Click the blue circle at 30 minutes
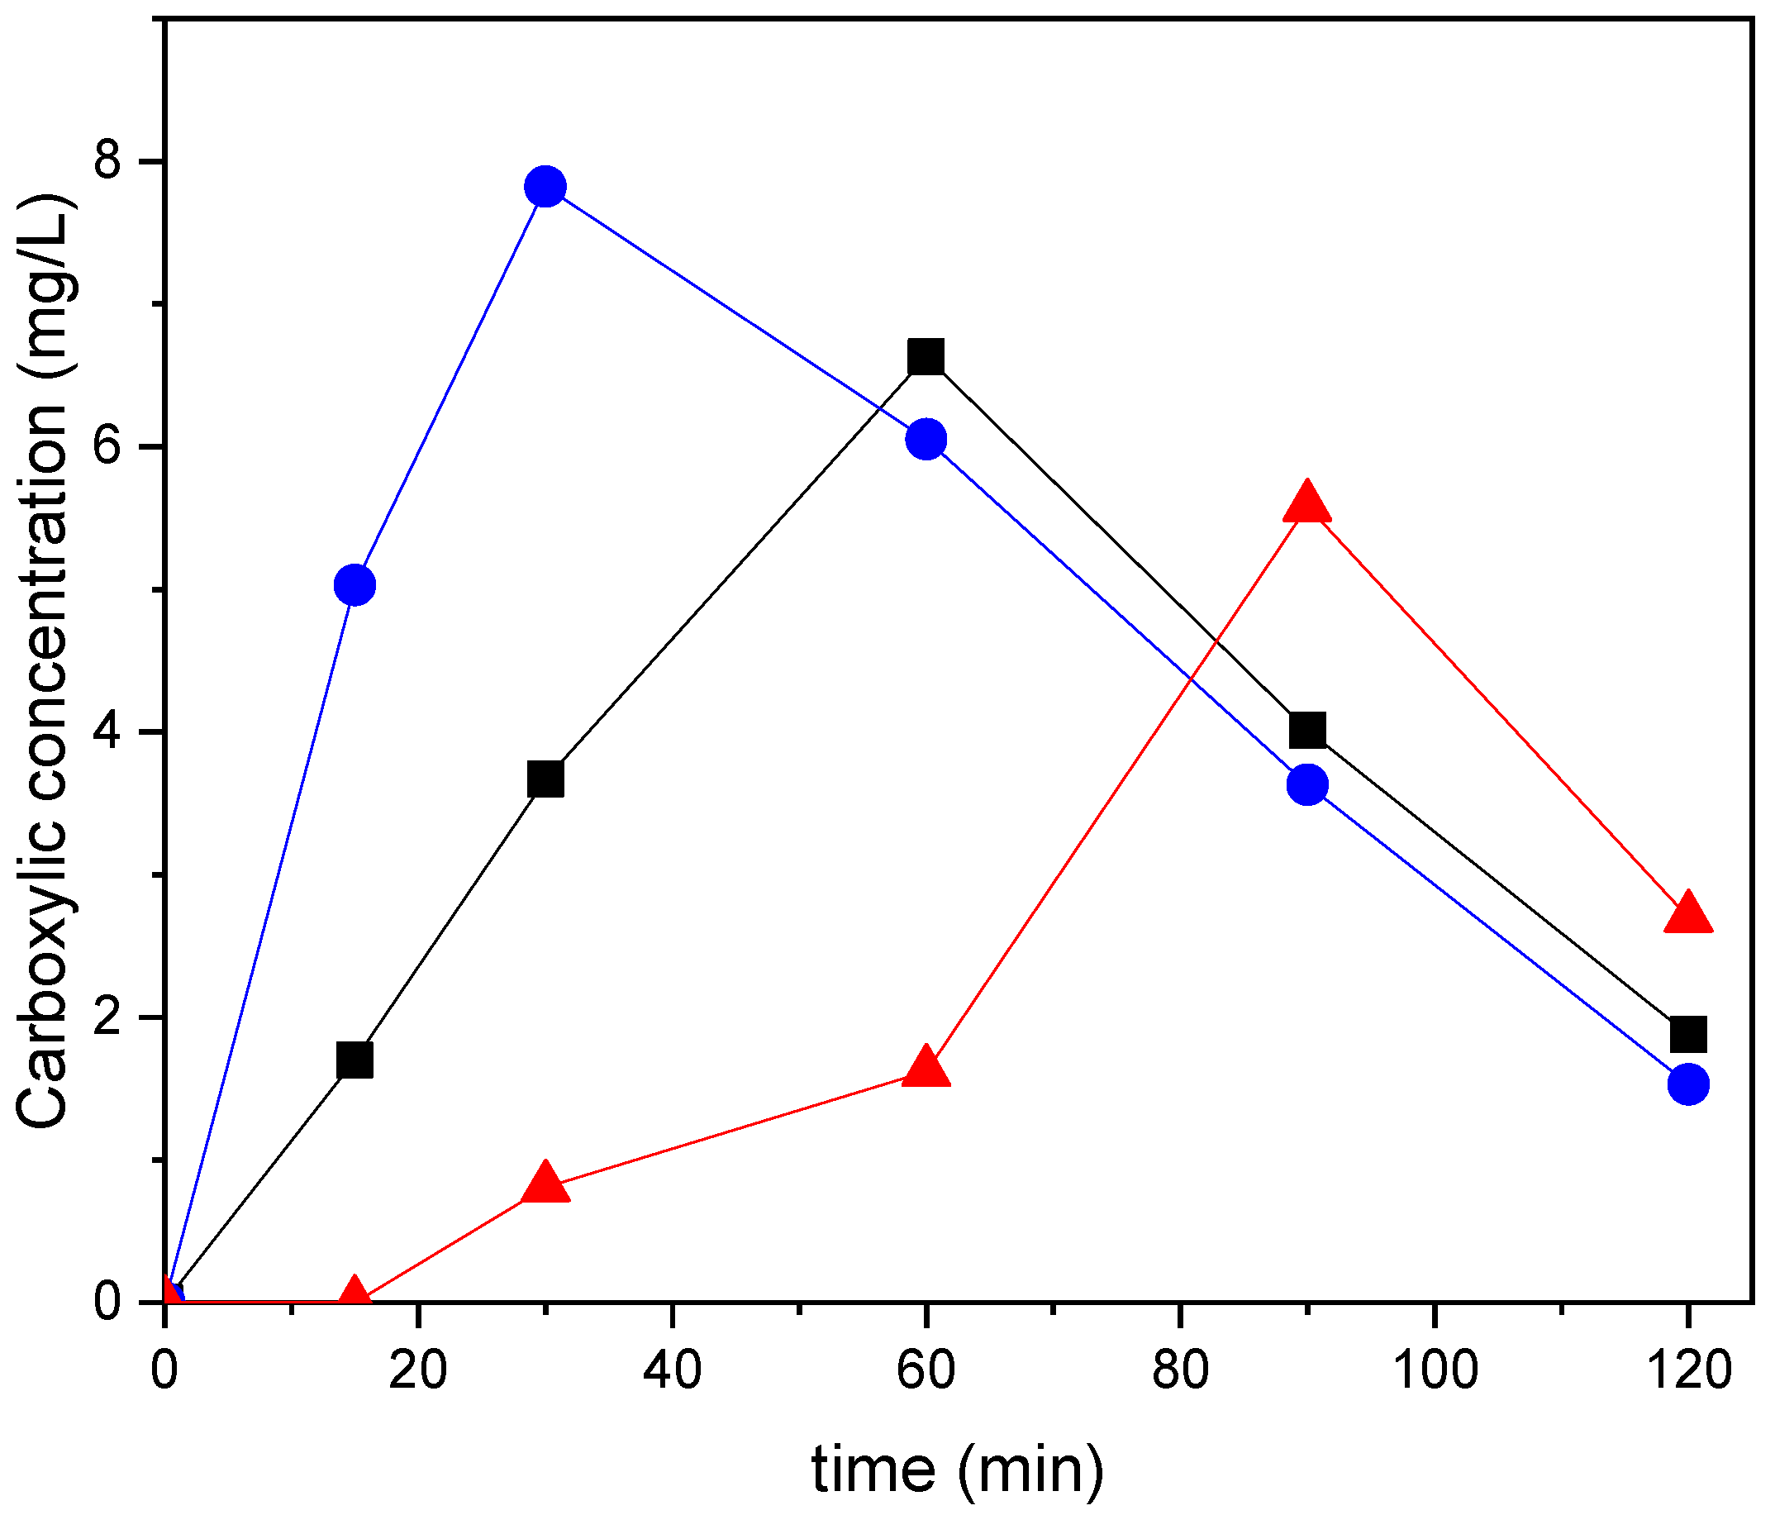[x=545, y=186]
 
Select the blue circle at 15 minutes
[x=355, y=585]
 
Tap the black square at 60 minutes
[x=926, y=356]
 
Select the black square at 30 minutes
[x=545, y=779]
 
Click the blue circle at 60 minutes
[x=926, y=440]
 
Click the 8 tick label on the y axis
[x=107, y=161]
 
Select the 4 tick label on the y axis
[x=107, y=731]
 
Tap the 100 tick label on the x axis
[x=1435, y=1371]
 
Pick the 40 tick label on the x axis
[x=673, y=1371]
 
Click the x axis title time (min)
[x=958, y=1470]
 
